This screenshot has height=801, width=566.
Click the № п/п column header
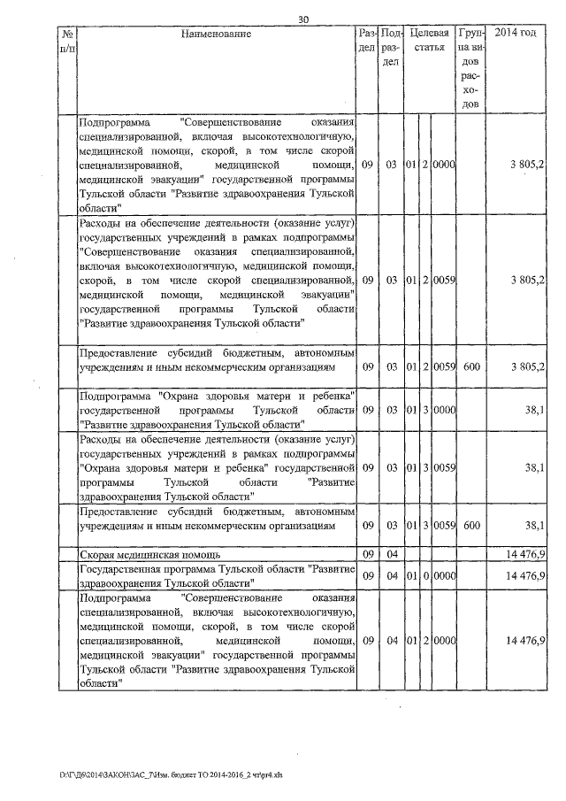[x=66, y=40]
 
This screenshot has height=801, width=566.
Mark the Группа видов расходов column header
[x=470, y=68]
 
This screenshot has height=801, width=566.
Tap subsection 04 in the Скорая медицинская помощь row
[x=392, y=554]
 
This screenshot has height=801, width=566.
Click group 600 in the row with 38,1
[x=470, y=525]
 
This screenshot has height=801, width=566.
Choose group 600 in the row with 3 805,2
[x=470, y=366]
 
